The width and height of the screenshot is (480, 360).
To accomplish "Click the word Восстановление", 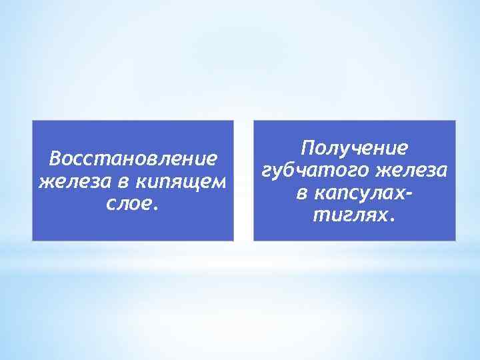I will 133,159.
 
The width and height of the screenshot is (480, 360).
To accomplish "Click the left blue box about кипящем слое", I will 133,227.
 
